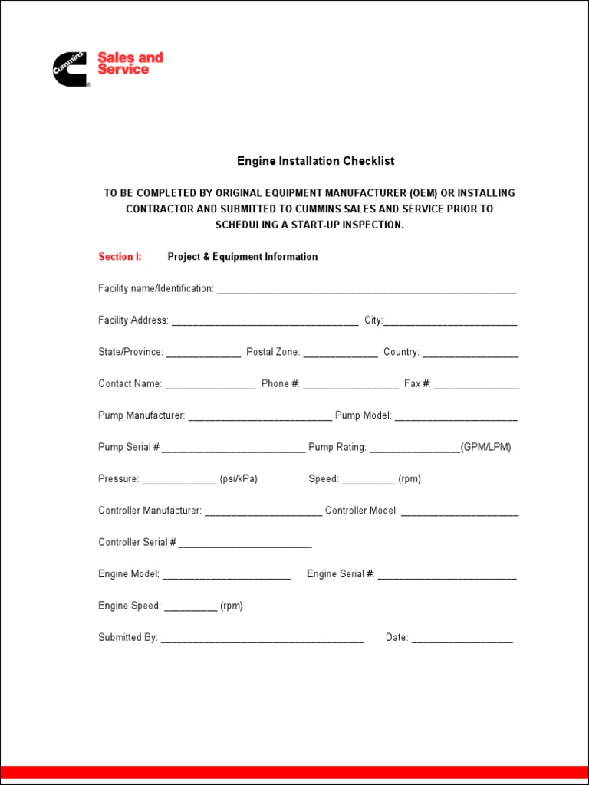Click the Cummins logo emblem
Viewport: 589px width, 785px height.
(71, 69)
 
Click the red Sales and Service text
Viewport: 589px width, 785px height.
(130, 64)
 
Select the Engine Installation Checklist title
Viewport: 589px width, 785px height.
(315, 161)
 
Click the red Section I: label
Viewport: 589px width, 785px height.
(120, 257)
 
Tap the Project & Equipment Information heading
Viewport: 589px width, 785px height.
(242, 257)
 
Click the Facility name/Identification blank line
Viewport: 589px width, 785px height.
(367, 291)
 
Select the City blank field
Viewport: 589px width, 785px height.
(450, 322)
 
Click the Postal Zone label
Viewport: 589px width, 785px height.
(273, 352)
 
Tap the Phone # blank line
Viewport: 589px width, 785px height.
(350, 386)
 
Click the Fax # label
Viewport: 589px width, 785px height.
(417, 383)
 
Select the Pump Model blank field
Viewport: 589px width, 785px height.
(456, 417)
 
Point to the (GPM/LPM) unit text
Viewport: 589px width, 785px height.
(485, 447)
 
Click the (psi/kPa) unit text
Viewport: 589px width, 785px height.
(239, 479)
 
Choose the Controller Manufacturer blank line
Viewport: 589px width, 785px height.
(263, 512)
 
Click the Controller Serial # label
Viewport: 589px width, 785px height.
(137, 542)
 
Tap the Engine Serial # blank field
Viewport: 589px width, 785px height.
(447, 576)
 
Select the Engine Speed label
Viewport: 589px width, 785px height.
(130, 606)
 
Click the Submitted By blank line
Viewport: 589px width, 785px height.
(262, 639)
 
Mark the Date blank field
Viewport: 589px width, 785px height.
(462, 639)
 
